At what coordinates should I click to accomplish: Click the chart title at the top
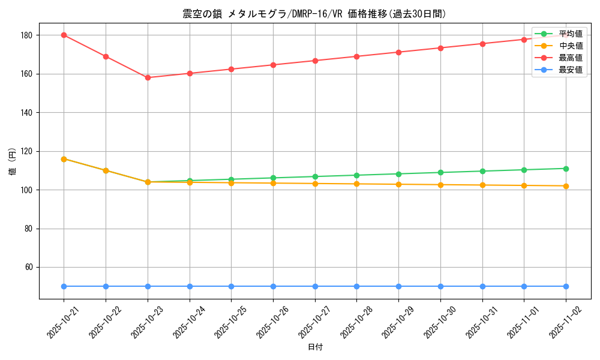pyautogui.click(x=315, y=14)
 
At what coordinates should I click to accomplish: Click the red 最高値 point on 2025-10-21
pyautogui.click(x=64, y=35)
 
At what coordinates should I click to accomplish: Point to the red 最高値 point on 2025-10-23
pyautogui.click(x=148, y=77)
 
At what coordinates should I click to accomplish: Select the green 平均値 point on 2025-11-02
pyautogui.click(x=566, y=169)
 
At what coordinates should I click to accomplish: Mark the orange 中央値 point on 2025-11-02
pyautogui.click(x=566, y=186)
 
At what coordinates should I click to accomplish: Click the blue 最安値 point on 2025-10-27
pyautogui.click(x=315, y=286)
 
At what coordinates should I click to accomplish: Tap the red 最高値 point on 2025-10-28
pyautogui.click(x=356, y=56)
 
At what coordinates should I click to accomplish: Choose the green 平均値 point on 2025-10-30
pyautogui.click(x=440, y=172)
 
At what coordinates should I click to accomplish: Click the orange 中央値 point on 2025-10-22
pyautogui.click(x=106, y=170)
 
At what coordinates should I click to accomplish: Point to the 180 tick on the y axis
pyautogui.click(x=28, y=35)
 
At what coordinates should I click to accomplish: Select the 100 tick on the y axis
pyautogui.click(x=28, y=190)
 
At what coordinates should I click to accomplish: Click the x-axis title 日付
pyautogui.click(x=315, y=347)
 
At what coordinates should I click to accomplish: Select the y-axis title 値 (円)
pyautogui.click(x=13, y=161)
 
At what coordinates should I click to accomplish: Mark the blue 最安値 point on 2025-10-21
pyautogui.click(x=64, y=286)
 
